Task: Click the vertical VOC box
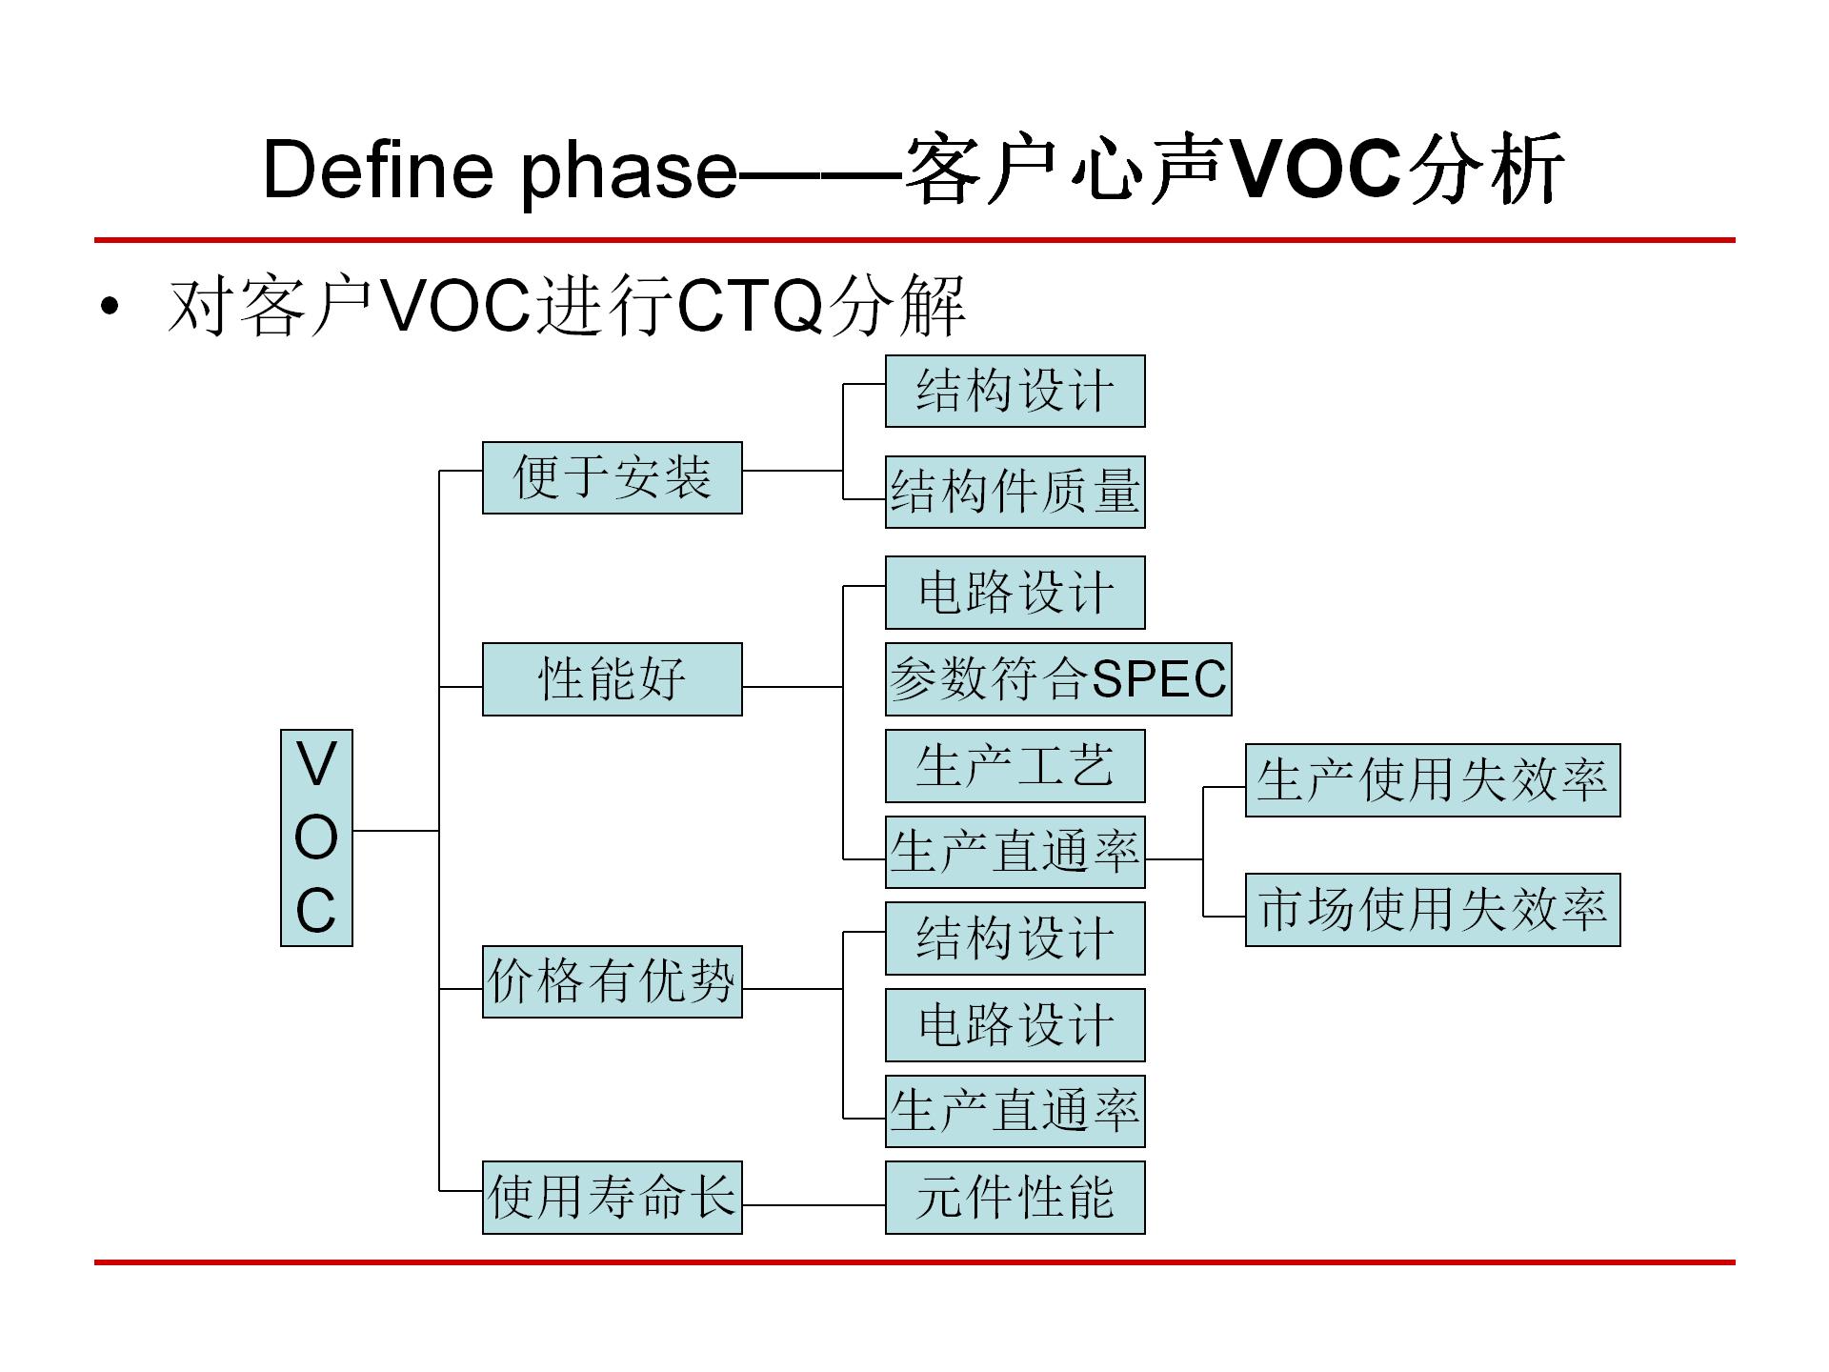(x=316, y=837)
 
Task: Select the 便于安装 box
(x=612, y=477)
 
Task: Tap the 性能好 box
(x=612, y=678)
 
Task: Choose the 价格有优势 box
(x=612, y=981)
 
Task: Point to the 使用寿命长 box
(x=612, y=1197)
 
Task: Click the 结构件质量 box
(x=1015, y=492)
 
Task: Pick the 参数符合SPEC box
(x=1058, y=678)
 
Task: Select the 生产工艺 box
(x=1015, y=766)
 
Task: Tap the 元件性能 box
(x=1015, y=1197)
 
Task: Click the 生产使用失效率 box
(x=1432, y=779)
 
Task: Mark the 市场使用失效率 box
(x=1432, y=909)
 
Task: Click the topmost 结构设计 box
(x=1015, y=391)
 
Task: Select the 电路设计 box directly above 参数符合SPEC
(x=1015, y=593)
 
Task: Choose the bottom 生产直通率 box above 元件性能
(x=1015, y=1111)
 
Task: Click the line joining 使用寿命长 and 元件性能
(x=814, y=1205)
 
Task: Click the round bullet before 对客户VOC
(x=111, y=307)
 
